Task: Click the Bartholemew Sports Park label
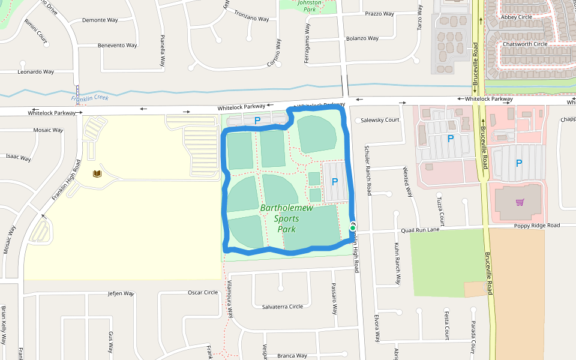[x=278, y=218]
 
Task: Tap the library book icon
[x=97, y=174]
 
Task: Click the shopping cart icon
[x=520, y=202]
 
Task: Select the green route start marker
[x=352, y=228]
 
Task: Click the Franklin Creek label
[x=89, y=98]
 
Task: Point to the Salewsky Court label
[x=380, y=120]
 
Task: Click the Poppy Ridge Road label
[x=536, y=226]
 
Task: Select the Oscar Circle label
[x=203, y=293]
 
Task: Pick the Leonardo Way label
[x=35, y=72]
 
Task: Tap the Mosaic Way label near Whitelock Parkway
[x=48, y=130]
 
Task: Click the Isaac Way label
[x=18, y=157]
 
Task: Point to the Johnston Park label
[x=310, y=5]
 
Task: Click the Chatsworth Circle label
[x=525, y=44]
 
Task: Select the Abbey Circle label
[x=516, y=17]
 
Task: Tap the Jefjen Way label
[x=119, y=293]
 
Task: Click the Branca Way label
[x=292, y=356]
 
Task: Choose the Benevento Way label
[x=117, y=46]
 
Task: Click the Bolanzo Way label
[x=362, y=38]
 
